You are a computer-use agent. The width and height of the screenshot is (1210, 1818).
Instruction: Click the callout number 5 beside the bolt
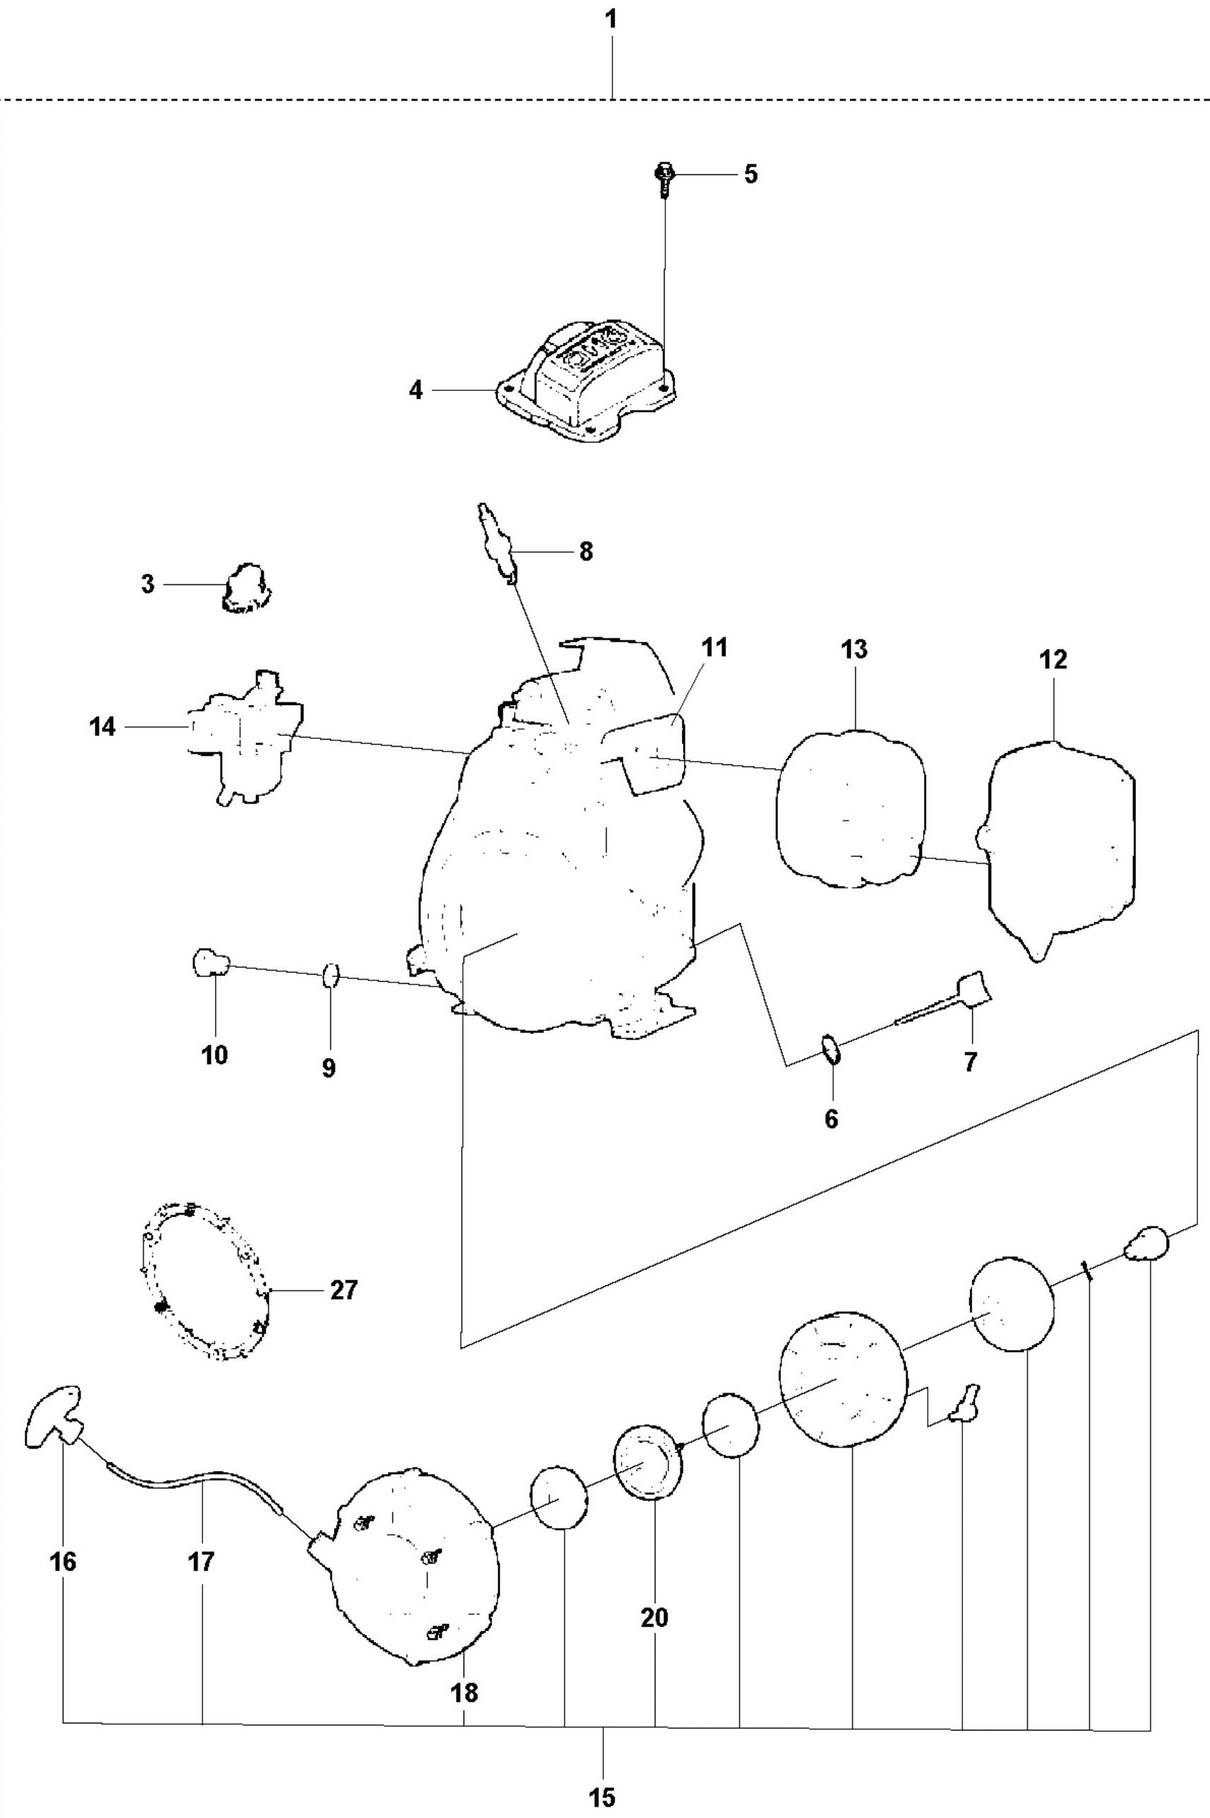[x=750, y=174]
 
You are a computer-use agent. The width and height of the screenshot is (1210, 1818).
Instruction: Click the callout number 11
[x=715, y=647]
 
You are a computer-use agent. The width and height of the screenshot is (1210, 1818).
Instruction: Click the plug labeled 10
[x=209, y=963]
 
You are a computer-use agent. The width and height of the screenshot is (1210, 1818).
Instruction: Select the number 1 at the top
[x=611, y=20]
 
